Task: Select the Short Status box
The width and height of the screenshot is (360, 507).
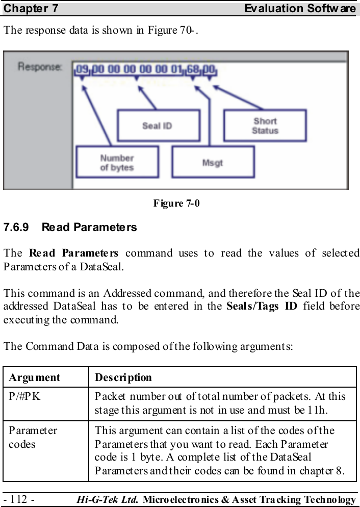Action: point(265,125)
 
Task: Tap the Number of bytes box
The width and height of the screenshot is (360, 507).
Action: point(117,162)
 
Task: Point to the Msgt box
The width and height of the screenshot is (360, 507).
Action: point(213,163)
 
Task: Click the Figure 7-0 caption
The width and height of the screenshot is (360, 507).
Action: point(176,204)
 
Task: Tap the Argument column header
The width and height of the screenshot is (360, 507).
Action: point(34,377)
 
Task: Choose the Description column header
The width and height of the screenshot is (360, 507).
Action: point(123,377)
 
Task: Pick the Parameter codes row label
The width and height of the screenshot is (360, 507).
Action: point(33,437)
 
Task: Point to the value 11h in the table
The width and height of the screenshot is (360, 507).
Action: point(337,410)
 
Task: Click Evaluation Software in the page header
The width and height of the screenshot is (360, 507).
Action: point(300,8)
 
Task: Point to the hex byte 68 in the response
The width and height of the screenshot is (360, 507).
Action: point(193,67)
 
